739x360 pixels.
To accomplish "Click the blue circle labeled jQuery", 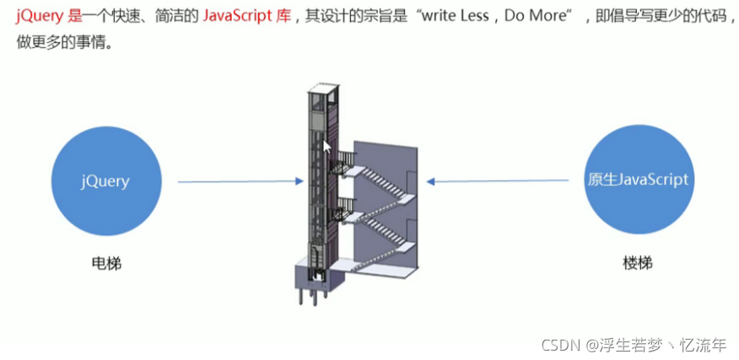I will click(105, 180).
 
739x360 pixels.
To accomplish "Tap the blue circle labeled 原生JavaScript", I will click(639, 180).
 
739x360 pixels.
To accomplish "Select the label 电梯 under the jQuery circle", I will click(106, 264).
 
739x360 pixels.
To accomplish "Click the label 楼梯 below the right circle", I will click(638, 264).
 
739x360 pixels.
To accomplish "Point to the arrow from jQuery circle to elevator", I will click(240, 181).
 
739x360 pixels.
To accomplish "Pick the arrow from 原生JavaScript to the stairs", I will click(498, 180).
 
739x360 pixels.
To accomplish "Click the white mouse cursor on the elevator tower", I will click(327, 147).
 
